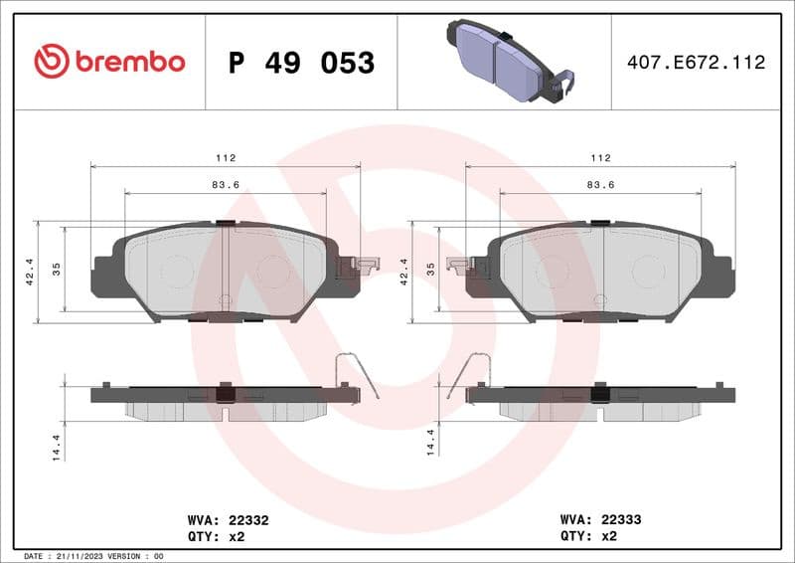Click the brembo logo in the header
(x=109, y=62)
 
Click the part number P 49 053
(x=301, y=63)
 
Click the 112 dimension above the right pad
(x=600, y=158)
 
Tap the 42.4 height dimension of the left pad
(x=29, y=271)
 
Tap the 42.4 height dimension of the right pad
(x=403, y=271)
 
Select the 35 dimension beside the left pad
(x=57, y=270)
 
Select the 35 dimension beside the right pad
(x=431, y=270)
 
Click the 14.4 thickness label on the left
(x=57, y=444)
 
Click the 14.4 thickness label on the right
(x=431, y=444)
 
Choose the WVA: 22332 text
(x=228, y=519)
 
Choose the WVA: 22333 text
(x=602, y=519)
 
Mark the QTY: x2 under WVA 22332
(x=216, y=536)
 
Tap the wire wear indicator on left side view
(x=357, y=374)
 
